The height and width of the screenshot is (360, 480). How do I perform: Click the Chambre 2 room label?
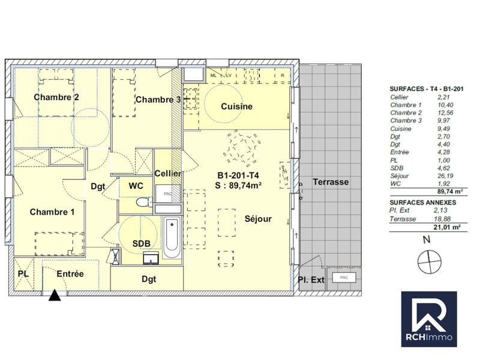click(56, 97)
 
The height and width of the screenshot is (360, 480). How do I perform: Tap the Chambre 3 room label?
click(158, 100)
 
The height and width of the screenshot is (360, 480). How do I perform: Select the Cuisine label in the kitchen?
click(236, 106)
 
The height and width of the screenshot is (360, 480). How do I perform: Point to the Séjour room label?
click(258, 219)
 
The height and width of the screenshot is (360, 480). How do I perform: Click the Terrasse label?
click(330, 182)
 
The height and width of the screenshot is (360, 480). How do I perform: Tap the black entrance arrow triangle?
click(55, 295)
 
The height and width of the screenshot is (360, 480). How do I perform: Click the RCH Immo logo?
click(428, 319)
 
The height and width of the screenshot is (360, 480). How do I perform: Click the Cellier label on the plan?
click(168, 173)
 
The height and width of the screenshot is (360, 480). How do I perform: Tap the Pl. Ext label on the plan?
click(311, 280)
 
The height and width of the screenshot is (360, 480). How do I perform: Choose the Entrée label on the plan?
click(70, 274)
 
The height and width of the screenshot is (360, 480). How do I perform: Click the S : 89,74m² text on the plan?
click(238, 185)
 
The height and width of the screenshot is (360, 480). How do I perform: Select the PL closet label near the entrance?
click(23, 274)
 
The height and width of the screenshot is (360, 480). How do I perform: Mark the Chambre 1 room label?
click(52, 212)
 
